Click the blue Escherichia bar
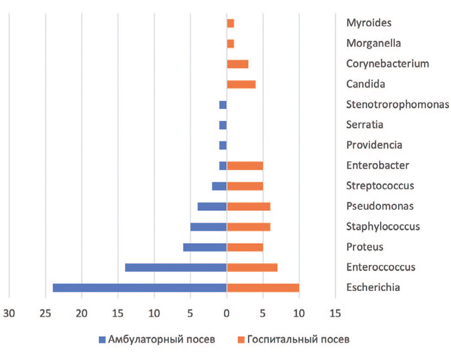(x=140, y=288)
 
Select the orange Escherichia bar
(x=263, y=288)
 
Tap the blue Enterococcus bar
(x=176, y=267)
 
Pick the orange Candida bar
(x=241, y=85)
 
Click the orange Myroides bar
(x=230, y=23)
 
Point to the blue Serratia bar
(x=223, y=125)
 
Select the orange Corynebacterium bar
(x=237, y=64)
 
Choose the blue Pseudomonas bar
(x=212, y=207)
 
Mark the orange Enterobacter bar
(x=245, y=166)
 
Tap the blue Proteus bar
(x=205, y=247)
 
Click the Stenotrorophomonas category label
(x=397, y=104)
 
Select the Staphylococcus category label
(x=383, y=227)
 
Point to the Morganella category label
(x=374, y=43)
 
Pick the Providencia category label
(x=374, y=145)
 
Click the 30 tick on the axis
(x=9, y=314)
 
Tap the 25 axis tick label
(x=45, y=314)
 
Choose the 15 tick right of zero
(x=335, y=314)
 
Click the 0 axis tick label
(x=226, y=314)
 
